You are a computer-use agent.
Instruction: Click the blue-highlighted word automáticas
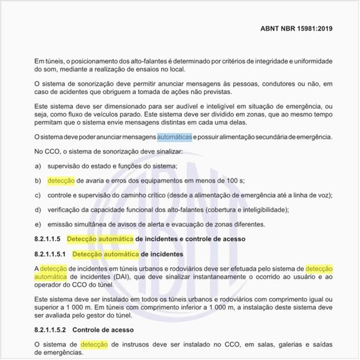coord(174,137)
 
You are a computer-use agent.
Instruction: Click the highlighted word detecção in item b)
coord(61,181)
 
